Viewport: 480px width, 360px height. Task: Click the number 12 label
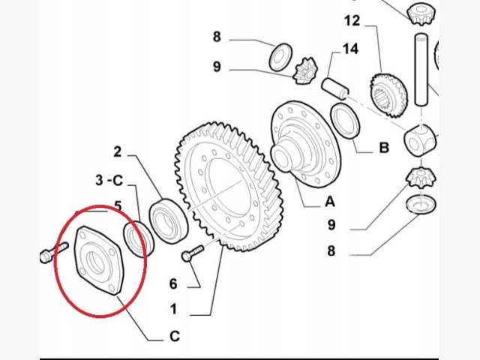coord(352,21)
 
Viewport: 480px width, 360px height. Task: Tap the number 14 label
coord(350,49)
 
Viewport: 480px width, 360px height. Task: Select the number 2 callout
coord(118,151)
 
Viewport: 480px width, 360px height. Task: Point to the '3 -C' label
coord(109,180)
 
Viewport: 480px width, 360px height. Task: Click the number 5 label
coord(118,206)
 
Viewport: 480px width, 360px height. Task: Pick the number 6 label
coord(173,283)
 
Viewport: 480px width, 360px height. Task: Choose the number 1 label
coord(173,309)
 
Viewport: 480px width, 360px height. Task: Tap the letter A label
coord(330,202)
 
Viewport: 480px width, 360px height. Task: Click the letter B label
coord(384,148)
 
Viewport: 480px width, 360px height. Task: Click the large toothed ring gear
coord(227,187)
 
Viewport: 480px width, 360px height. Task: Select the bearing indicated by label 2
coord(168,220)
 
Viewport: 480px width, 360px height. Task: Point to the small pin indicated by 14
coord(335,88)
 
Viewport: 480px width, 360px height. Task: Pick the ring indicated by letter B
coord(346,121)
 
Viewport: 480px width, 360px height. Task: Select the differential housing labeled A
coord(305,144)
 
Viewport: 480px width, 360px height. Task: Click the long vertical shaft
coord(421,70)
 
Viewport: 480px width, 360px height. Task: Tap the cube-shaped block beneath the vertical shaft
coord(420,140)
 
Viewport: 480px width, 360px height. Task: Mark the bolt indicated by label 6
coord(193,253)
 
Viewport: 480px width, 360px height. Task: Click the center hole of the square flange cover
coord(95,262)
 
